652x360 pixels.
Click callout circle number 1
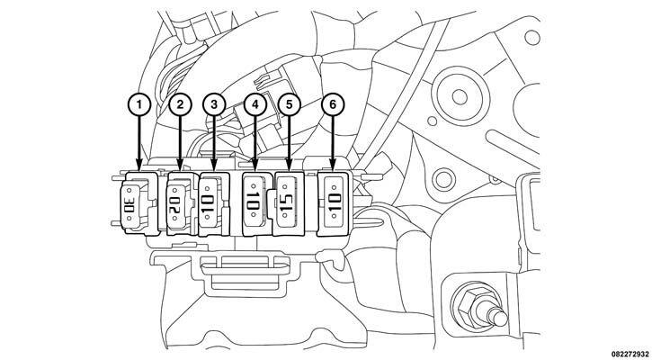point(138,105)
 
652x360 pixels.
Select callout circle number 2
point(180,105)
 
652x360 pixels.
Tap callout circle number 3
point(214,105)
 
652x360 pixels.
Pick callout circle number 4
point(255,105)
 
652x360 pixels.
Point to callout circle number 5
point(290,105)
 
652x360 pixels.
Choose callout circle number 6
point(333,105)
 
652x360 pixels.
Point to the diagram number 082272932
point(630,354)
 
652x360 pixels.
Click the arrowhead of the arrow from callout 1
point(138,166)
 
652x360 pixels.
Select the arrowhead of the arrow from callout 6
point(333,166)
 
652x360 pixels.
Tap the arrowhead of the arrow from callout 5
point(290,166)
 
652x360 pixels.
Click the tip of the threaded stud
point(503,319)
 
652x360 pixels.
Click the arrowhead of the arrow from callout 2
point(180,166)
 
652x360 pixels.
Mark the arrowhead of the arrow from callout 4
point(255,166)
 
